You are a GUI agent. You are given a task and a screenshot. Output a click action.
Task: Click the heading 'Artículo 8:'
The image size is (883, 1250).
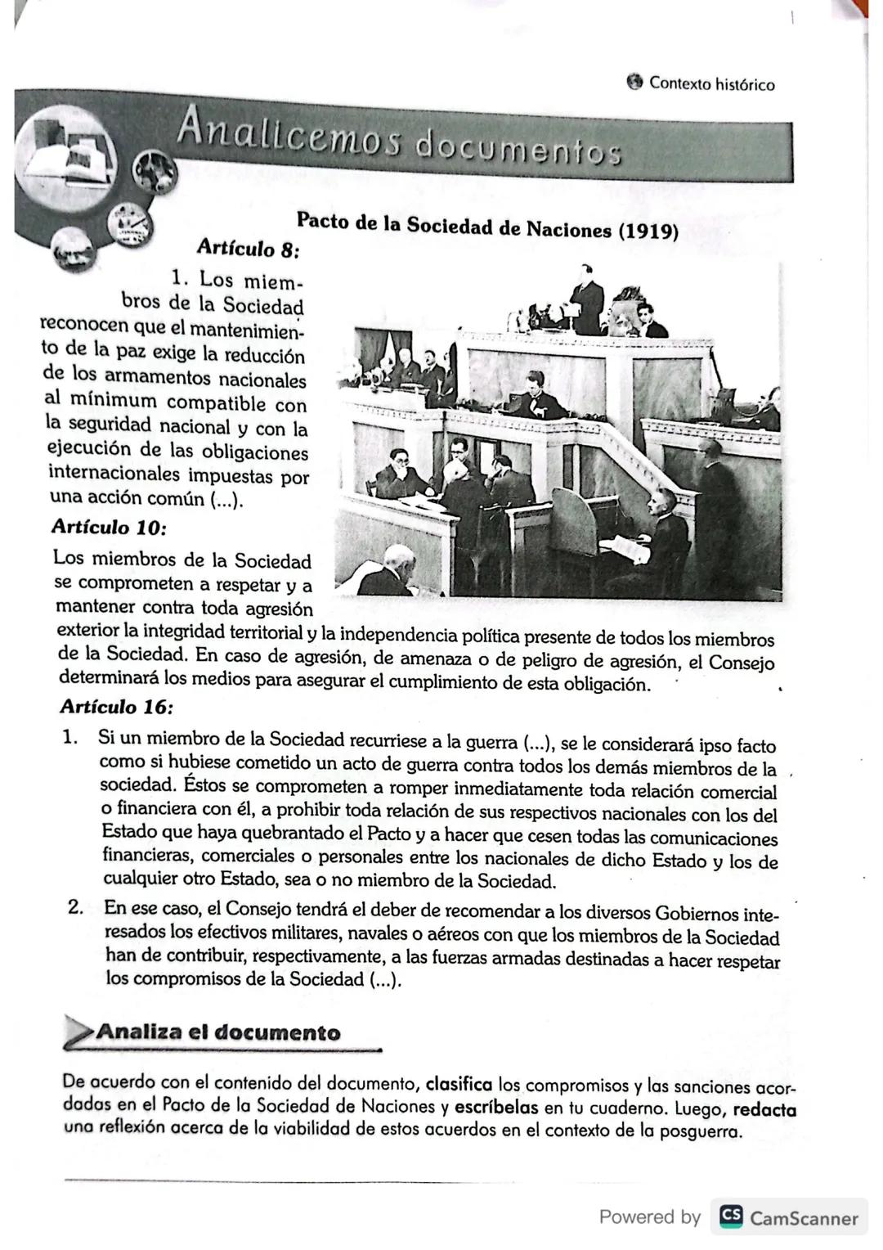coord(249,246)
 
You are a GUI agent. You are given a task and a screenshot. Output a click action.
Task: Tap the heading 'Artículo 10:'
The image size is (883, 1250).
coord(110,527)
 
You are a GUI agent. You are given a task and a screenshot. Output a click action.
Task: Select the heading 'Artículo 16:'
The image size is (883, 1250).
coord(117,706)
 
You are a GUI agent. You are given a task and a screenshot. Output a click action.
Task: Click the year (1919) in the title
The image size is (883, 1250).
coord(648,231)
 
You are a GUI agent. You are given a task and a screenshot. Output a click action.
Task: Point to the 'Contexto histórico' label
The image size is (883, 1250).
coord(711,84)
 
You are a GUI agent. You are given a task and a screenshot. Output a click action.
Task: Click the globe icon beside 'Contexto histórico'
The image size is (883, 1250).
coord(634,83)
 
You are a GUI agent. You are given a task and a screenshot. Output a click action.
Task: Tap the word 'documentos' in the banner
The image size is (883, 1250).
coord(518,151)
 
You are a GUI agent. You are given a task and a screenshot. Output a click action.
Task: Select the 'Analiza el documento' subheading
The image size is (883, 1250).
coord(217,1032)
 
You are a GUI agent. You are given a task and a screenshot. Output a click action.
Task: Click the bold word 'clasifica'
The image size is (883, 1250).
coord(459,1085)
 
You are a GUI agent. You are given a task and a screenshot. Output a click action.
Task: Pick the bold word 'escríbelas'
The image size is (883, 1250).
coord(496,1107)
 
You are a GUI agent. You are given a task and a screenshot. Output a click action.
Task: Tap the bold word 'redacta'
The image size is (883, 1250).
coord(764,1110)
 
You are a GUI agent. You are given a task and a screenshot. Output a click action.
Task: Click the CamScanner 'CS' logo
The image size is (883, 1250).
coord(731,1216)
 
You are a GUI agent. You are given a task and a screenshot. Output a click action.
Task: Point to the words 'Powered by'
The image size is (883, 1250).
coord(650,1216)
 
